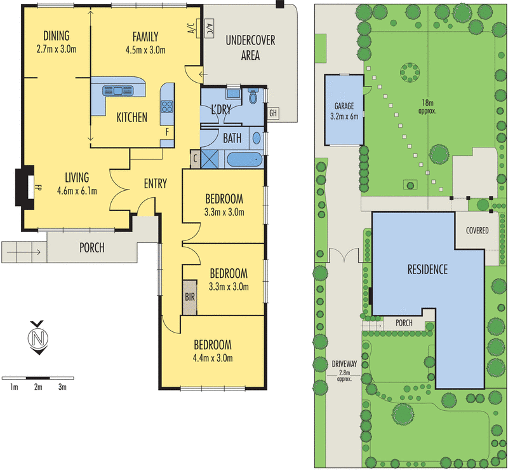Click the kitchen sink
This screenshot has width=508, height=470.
point(118,90)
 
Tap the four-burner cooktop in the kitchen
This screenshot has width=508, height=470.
point(167,107)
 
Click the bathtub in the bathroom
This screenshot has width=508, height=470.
point(244,160)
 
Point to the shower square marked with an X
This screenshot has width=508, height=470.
point(209,159)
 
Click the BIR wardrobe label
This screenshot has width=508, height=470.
point(190,296)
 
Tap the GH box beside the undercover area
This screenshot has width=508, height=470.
point(273,113)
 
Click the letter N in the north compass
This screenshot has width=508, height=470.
point(38,338)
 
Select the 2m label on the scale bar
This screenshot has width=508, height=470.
point(38,387)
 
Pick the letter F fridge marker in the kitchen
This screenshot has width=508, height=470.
point(167,132)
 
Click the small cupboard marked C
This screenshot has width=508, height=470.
point(195,159)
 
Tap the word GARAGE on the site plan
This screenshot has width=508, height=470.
point(344,106)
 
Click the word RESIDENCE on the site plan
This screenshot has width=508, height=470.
point(427,270)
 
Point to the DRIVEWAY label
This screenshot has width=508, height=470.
point(344,364)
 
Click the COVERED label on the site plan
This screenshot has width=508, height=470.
point(478,230)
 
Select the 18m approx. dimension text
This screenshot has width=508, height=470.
point(427,107)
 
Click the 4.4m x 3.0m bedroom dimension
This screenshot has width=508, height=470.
point(213,358)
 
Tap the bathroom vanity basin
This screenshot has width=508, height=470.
point(257,138)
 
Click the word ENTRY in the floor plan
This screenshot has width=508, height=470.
point(156,184)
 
